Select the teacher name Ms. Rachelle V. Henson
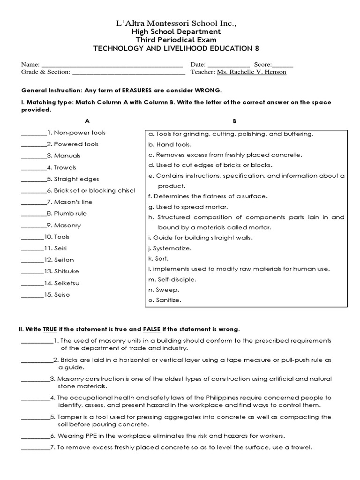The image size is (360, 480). click(251, 72)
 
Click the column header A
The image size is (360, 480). click(87, 121)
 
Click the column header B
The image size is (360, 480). click(234, 121)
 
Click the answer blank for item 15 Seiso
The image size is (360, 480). click(31, 296)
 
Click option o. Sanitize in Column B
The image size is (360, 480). click(164, 300)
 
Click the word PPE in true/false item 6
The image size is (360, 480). click(88, 436)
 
